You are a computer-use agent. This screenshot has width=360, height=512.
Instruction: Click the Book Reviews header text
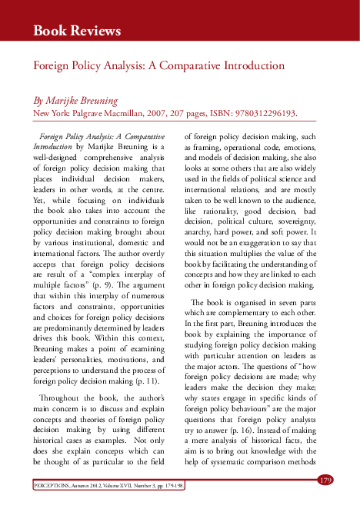[x=77, y=31]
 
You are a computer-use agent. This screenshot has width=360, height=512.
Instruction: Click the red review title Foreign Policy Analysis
[x=158, y=66]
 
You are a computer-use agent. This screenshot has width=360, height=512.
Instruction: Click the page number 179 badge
[x=325, y=480]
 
